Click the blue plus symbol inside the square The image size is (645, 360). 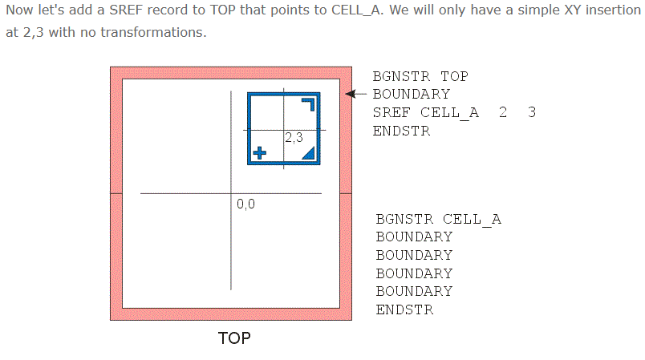pyautogui.click(x=259, y=152)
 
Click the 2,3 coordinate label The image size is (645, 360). pyautogui.click(x=294, y=138)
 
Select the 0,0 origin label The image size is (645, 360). pyautogui.click(x=245, y=204)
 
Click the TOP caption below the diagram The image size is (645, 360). pyautogui.click(x=234, y=338)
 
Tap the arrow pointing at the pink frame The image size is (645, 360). pyautogui.click(x=359, y=94)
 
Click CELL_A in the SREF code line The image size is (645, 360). pyautogui.click(x=449, y=113)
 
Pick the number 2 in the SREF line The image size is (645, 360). pyautogui.click(x=502, y=113)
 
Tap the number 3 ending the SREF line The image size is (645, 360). pyautogui.click(x=532, y=113)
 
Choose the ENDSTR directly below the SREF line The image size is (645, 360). pyautogui.click(x=401, y=131)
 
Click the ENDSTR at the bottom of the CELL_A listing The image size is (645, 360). pyautogui.click(x=404, y=309)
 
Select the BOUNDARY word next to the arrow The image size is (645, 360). pyautogui.click(x=412, y=95)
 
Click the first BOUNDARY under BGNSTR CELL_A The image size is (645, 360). pyautogui.click(x=414, y=237)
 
